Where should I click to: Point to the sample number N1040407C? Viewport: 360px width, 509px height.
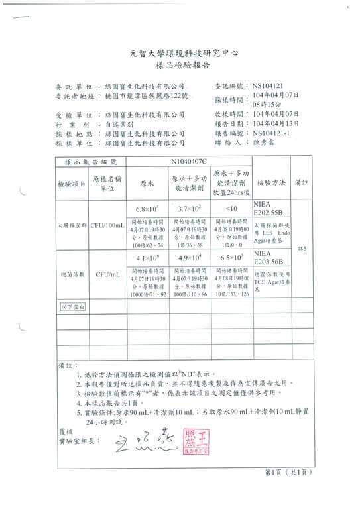[x=189, y=161]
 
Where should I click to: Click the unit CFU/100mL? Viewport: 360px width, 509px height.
[x=108, y=227]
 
